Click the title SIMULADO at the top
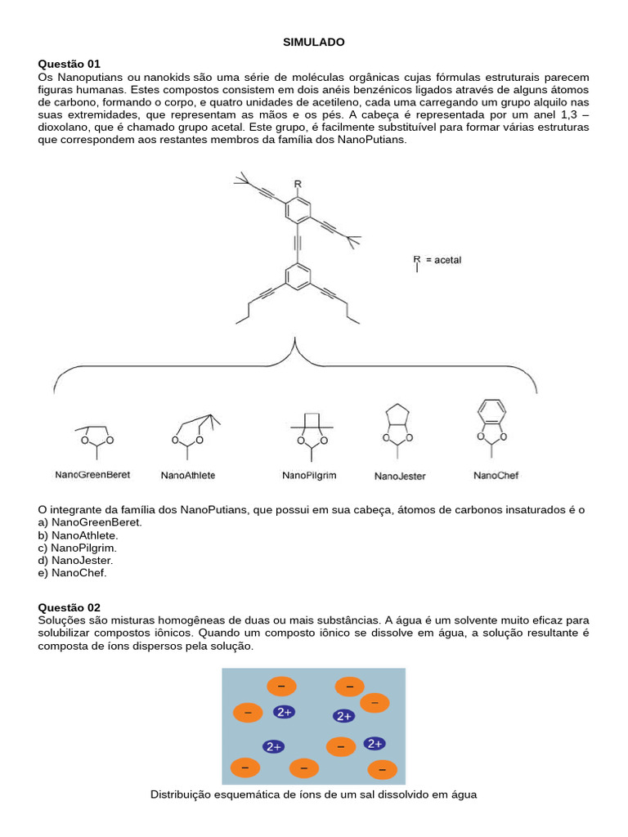click(314, 42)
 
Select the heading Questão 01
click(70, 64)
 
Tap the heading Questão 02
click(70, 607)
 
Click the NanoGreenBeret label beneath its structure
click(92, 474)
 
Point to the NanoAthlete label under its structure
click(188, 475)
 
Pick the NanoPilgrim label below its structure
click(309, 475)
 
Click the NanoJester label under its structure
click(400, 476)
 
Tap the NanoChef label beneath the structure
click(496, 475)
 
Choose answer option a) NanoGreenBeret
click(90, 521)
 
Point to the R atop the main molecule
click(298, 184)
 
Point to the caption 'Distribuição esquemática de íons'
click(314, 794)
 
